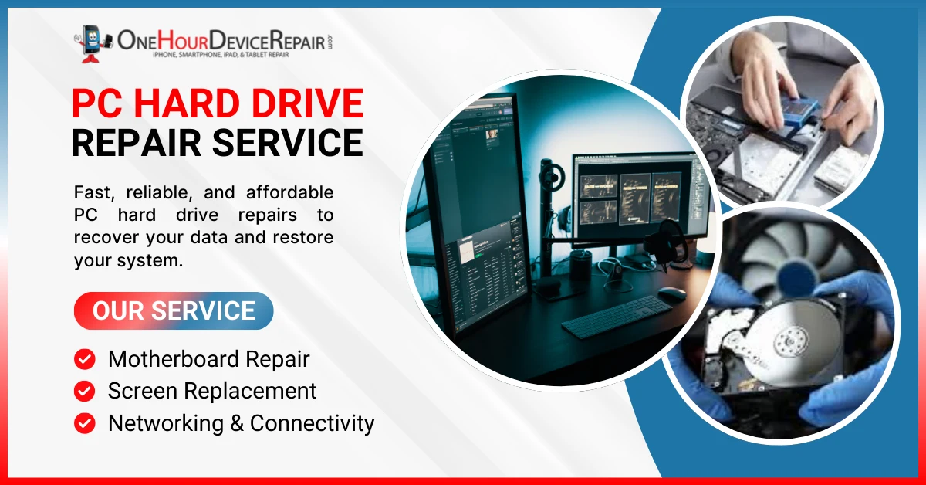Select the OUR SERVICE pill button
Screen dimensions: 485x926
[174, 310]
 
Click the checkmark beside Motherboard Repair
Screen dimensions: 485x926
[84, 359]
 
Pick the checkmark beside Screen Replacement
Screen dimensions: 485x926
[84, 391]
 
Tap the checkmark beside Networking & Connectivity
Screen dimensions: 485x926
[84, 423]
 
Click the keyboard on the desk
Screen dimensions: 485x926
[617, 315]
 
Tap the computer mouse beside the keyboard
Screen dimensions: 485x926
[672, 293]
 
